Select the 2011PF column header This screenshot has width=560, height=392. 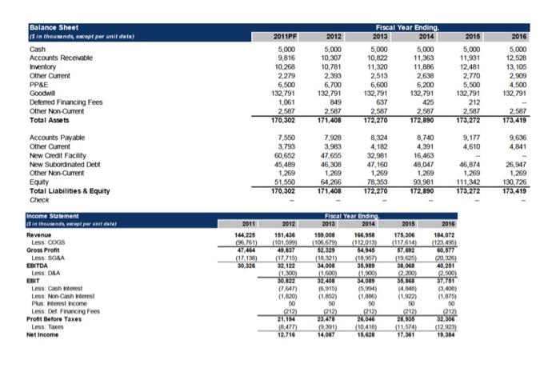pos(285,36)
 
